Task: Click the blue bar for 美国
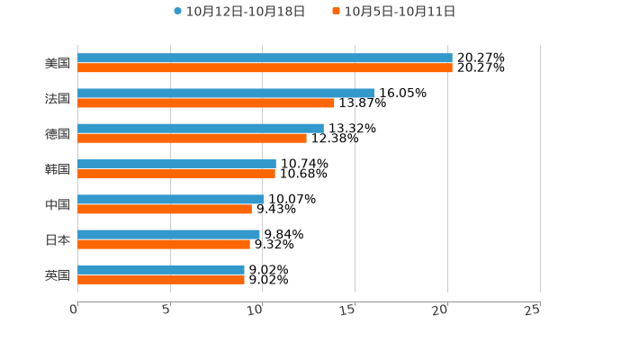(265, 58)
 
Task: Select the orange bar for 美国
(265, 67)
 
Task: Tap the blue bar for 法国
(225, 93)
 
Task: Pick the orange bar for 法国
(205, 103)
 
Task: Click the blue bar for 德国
(200, 128)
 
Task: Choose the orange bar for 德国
(192, 138)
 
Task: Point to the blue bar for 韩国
(176, 164)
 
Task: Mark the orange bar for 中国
(165, 209)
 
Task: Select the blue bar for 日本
(168, 234)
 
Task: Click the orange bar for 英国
(160, 279)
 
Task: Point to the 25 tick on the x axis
(532, 310)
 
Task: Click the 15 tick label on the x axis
(347, 310)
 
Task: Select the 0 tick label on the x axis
(74, 310)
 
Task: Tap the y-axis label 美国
(58, 63)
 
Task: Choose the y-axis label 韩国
(58, 169)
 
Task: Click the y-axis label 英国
(58, 274)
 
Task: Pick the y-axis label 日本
(58, 239)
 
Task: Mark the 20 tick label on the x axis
(439, 310)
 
